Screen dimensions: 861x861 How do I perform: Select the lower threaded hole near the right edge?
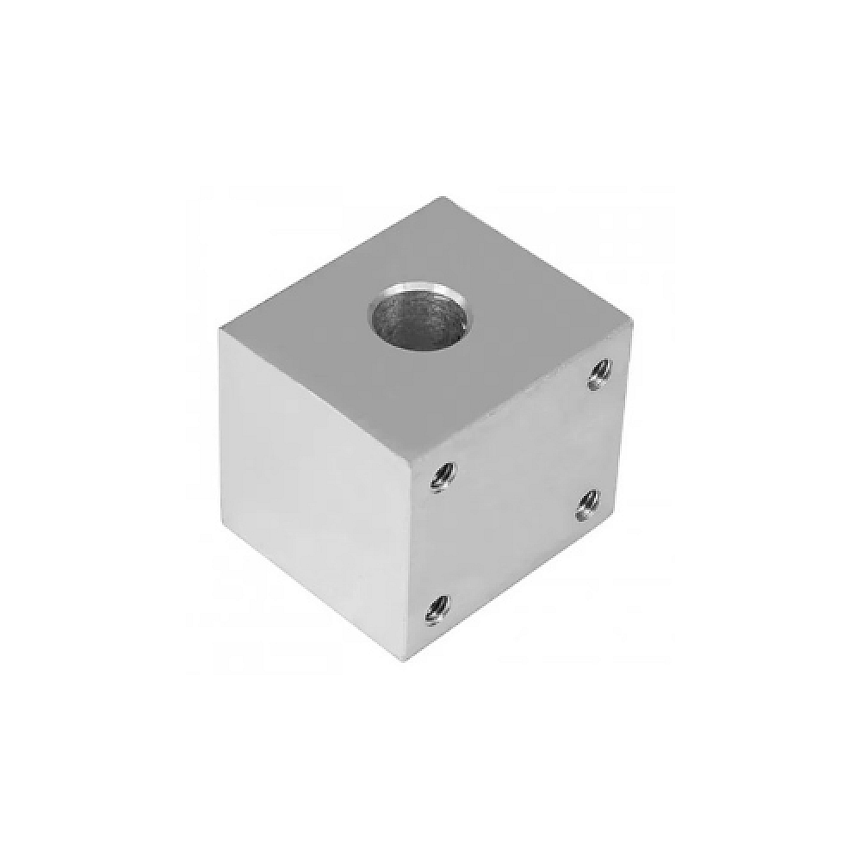click(589, 501)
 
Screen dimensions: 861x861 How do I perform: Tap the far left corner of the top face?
click(221, 330)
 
